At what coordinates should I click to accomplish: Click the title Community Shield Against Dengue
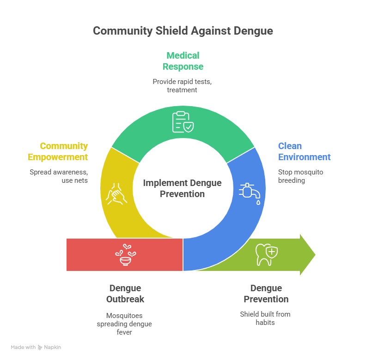click(x=183, y=31)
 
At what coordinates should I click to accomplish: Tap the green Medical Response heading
click(x=183, y=61)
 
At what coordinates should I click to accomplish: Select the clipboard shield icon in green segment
click(x=183, y=122)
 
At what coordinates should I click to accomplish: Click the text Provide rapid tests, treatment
click(x=183, y=85)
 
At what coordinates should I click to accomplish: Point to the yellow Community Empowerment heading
click(x=58, y=151)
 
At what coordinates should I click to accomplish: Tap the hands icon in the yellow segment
click(x=116, y=192)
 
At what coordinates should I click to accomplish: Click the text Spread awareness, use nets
click(x=59, y=176)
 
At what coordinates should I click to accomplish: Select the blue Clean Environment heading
click(x=304, y=151)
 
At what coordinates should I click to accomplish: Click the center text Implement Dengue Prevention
click(x=182, y=188)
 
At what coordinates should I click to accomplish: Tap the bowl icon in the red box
click(x=125, y=255)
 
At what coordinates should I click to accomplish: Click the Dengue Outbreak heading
click(x=125, y=294)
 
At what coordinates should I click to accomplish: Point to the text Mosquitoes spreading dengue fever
click(x=125, y=324)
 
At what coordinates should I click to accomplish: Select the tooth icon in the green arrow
click(x=267, y=255)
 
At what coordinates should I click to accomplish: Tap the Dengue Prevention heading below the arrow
click(x=266, y=294)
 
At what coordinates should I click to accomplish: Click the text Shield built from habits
click(x=265, y=318)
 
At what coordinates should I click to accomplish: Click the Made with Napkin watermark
click(x=36, y=347)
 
